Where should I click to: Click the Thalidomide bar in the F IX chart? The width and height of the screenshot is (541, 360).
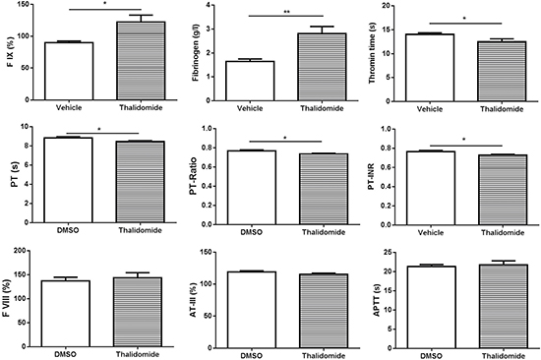tap(141, 61)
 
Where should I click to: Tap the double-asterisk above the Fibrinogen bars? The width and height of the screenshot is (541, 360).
tap(286, 12)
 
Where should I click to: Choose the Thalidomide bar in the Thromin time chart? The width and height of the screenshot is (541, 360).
tap(502, 72)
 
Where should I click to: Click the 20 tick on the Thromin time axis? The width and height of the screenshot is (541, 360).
tap(384, 6)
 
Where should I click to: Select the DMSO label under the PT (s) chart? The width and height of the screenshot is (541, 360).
tap(68, 230)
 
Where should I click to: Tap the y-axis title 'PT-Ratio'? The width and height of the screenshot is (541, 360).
tap(194, 176)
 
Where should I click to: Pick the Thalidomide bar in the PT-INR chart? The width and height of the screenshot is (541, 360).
tap(503, 190)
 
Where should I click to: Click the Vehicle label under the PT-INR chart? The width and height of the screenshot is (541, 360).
tap(431, 233)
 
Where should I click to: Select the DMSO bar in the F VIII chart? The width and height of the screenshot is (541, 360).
tap(66, 314)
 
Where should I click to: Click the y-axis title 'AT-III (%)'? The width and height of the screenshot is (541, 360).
tap(194, 300)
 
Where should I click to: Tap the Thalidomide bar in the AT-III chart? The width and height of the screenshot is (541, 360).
tap(324, 311)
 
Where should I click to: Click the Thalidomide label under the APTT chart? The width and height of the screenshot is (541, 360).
tap(504, 356)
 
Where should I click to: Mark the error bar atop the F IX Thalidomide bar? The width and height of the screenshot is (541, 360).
tap(141, 19)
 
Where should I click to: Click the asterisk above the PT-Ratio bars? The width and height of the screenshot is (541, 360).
tap(285, 138)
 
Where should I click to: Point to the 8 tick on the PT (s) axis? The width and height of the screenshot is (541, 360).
tap(28, 146)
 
